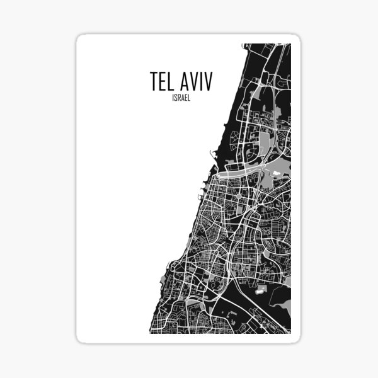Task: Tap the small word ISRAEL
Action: (180, 98)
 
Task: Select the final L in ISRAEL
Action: (188, 98)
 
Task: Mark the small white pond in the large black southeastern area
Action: (260, 290)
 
